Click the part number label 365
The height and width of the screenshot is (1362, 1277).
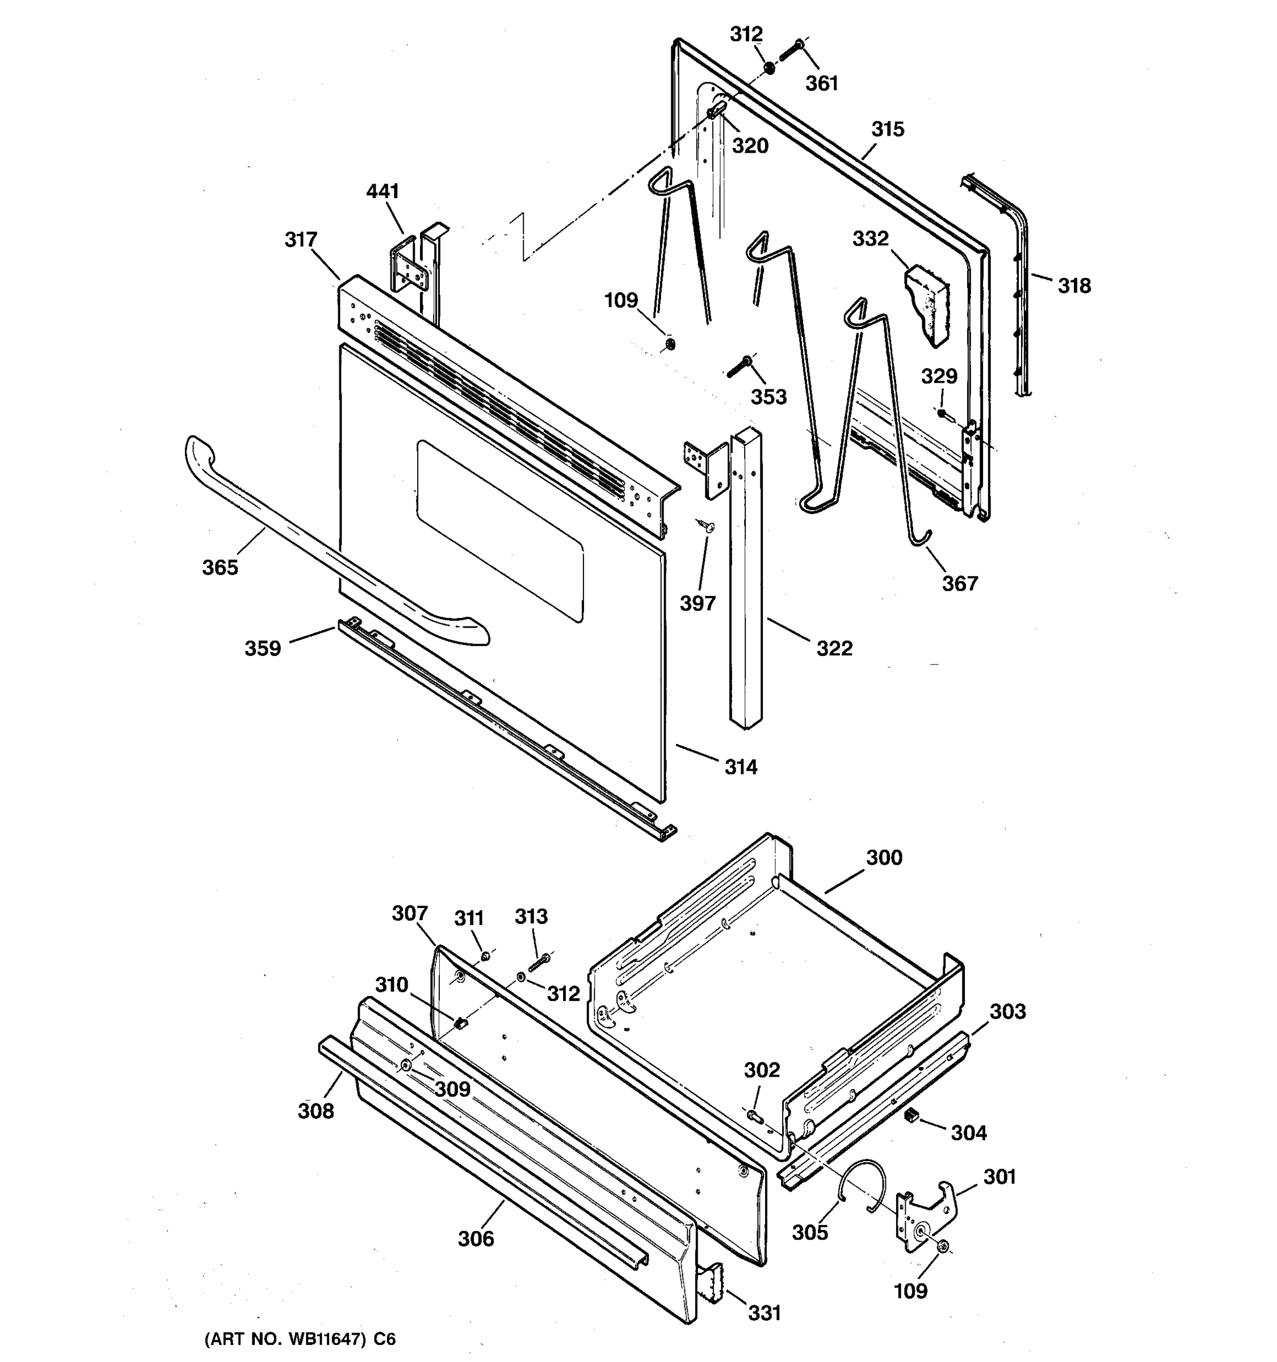220,567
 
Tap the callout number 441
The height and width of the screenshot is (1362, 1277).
383,191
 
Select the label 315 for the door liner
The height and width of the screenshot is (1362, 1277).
887,129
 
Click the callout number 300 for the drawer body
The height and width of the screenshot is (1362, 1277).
884,857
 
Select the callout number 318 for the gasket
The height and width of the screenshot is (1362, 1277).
1073,285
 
